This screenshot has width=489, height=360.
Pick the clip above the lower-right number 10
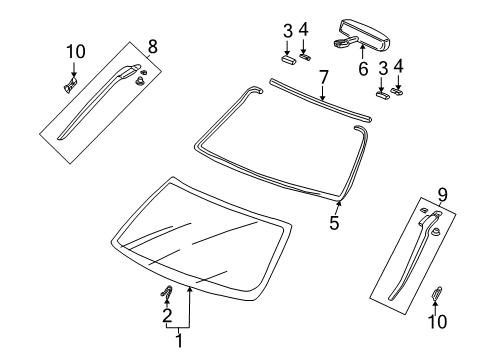(x=438, y=294)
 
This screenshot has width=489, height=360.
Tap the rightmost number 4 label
(x=399, y=67)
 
